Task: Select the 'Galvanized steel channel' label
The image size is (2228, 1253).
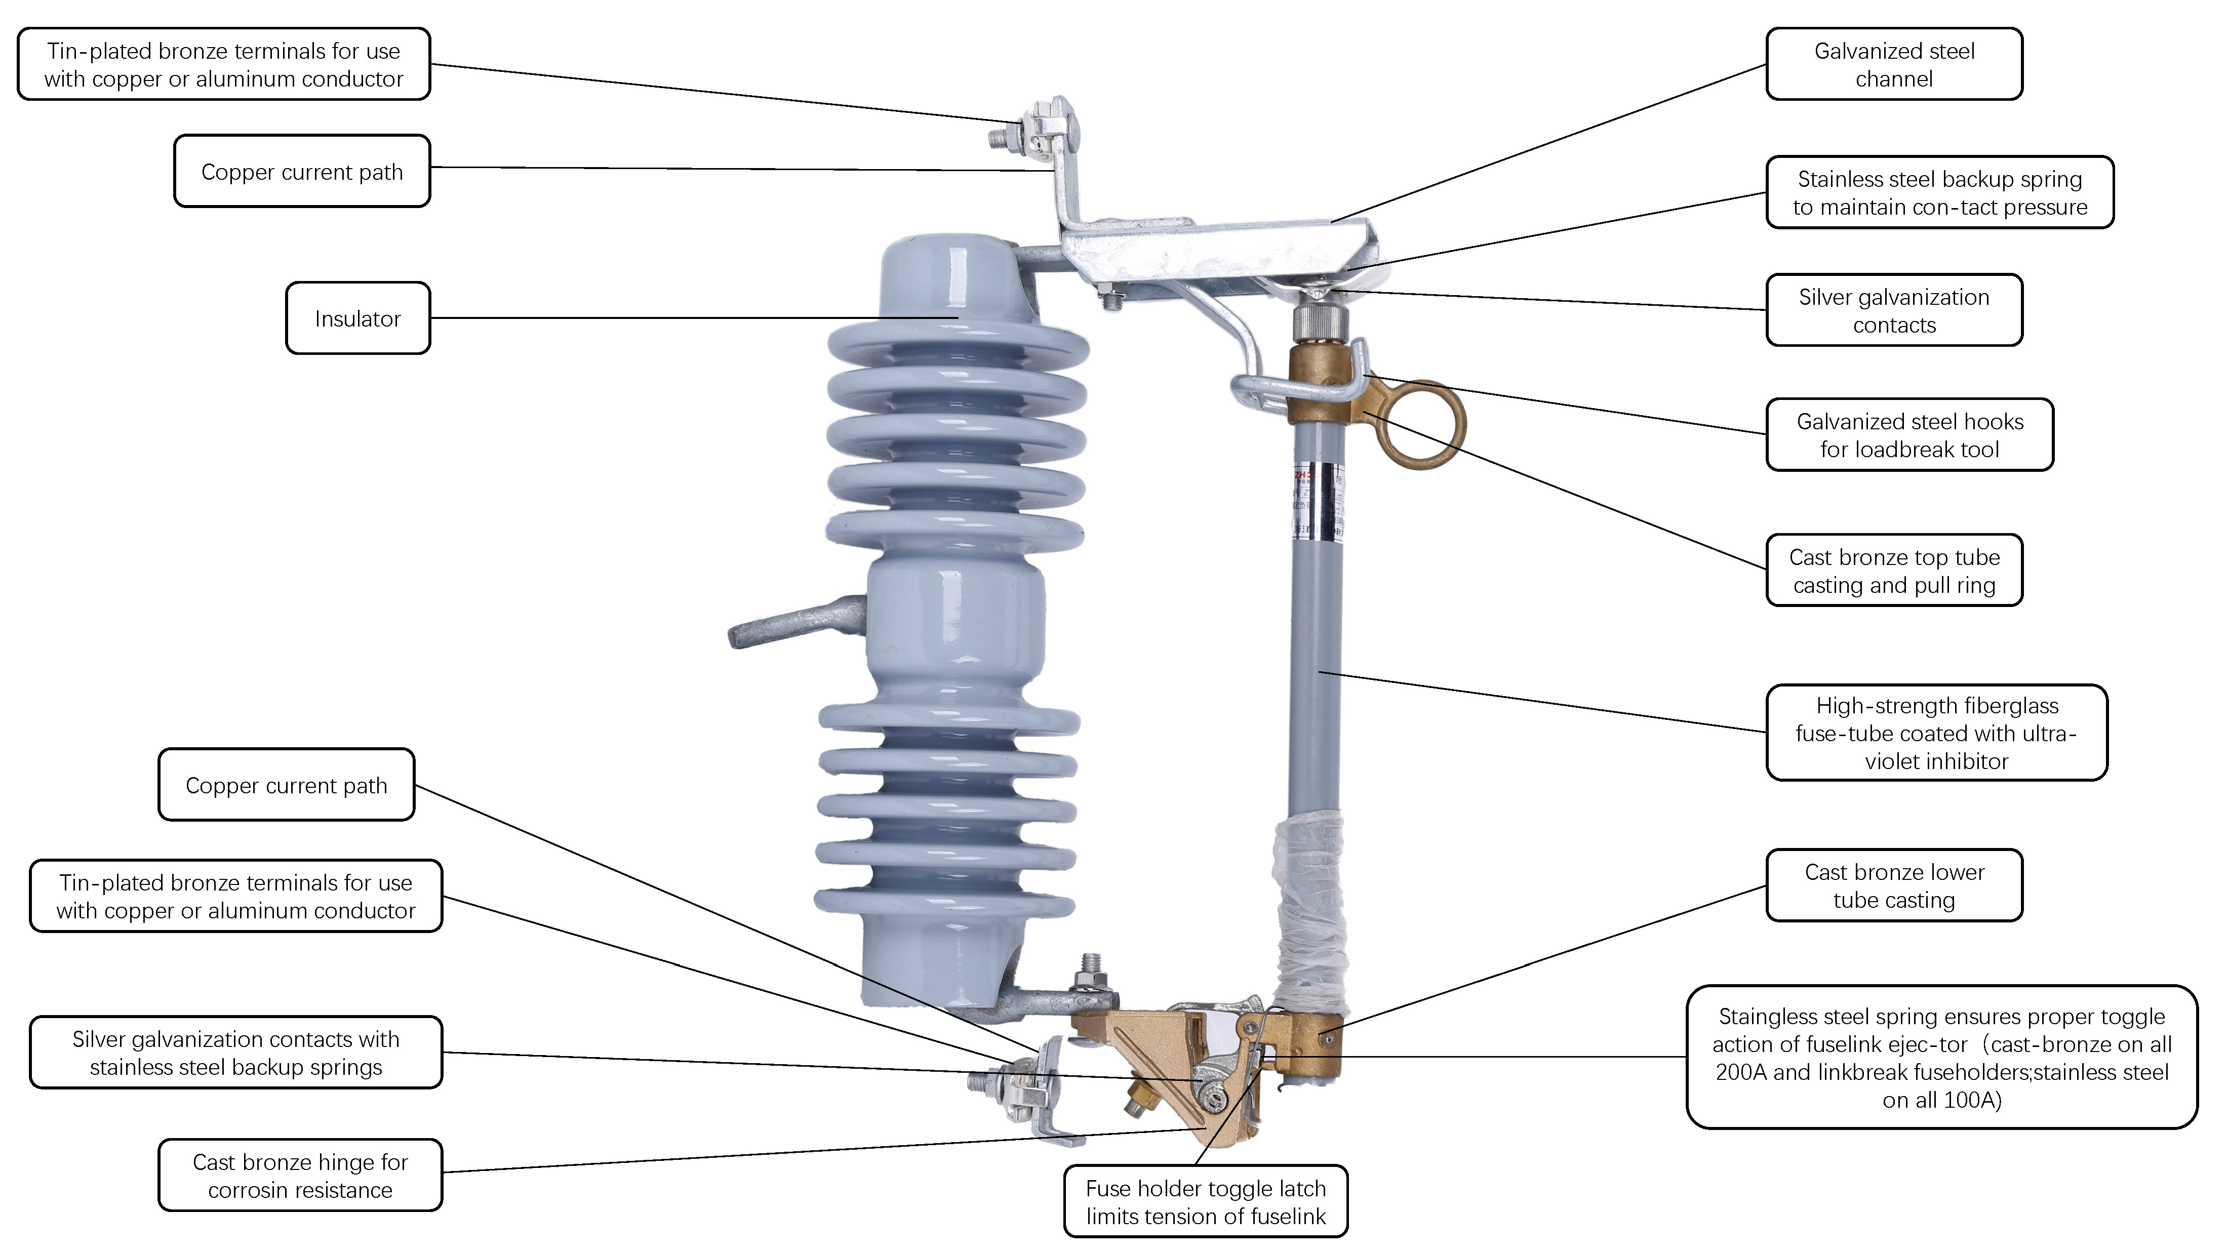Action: coord(1894,64)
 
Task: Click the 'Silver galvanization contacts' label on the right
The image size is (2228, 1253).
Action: coord(1894,310)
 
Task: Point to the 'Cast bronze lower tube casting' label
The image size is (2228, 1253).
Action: coord(1894,885)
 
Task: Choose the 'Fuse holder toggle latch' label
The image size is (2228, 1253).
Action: coord(1206,1201)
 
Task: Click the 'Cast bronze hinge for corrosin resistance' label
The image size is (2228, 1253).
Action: coord(300,1175)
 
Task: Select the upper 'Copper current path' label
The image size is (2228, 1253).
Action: coord(302,171)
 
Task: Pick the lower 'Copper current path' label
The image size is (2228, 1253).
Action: coord(286,784)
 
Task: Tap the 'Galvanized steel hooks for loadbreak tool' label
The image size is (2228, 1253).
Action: coord(1909,435)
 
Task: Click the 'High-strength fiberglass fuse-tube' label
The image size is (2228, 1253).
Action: coord(1936,733)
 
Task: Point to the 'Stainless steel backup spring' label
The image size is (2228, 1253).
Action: coord(1940,192)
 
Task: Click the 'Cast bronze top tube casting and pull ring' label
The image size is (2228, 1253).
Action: coord(1894,570)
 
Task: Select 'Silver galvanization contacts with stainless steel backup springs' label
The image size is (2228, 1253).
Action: coord(236,1053)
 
